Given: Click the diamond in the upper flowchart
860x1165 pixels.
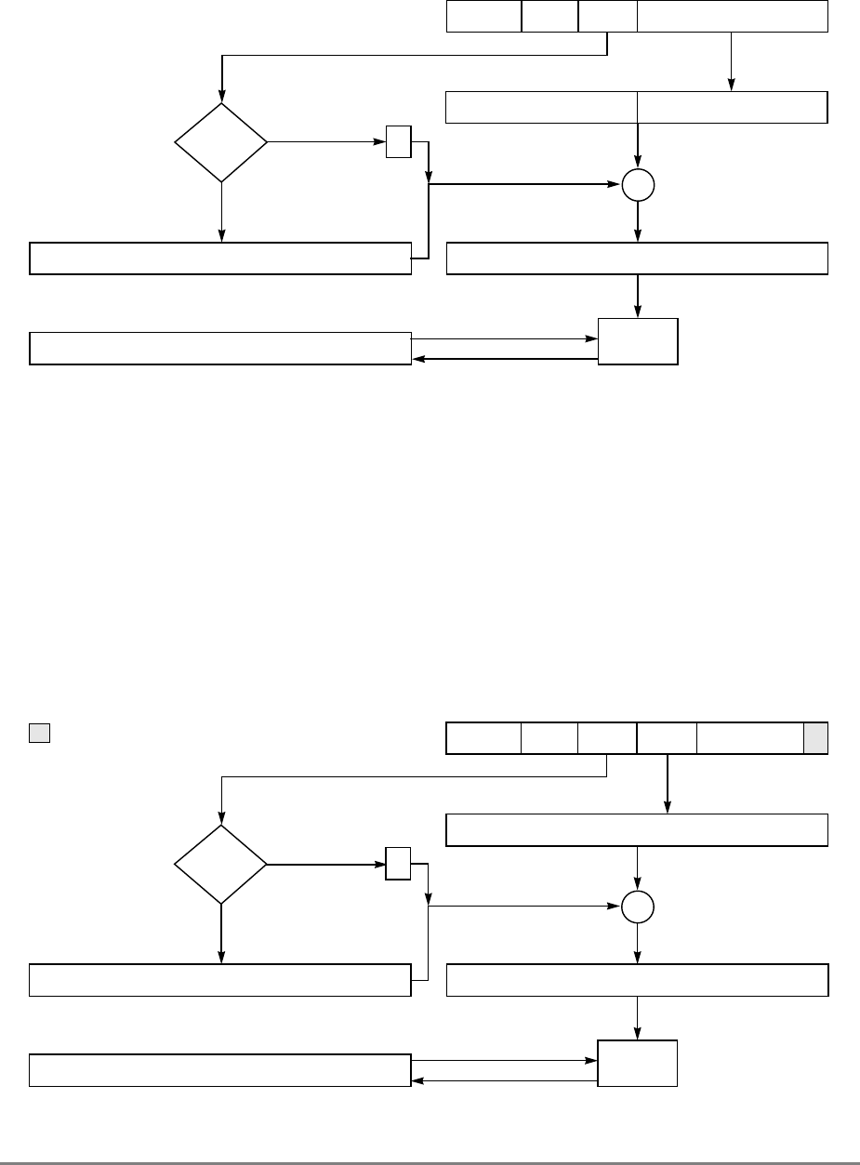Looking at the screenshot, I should click(x=221, y=143).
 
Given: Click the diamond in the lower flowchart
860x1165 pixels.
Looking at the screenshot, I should click(x=221, y=865).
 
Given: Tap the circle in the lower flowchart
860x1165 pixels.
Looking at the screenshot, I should click(x=638, y=907).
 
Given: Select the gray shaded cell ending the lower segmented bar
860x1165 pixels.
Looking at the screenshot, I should click(x=815, y=738).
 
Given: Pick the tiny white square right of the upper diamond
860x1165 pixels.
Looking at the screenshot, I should click(x=398, y=143).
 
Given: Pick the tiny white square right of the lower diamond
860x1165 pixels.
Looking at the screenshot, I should click(x=398, y=864).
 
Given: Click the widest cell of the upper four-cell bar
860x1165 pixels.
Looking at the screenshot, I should click(x=732, y=17).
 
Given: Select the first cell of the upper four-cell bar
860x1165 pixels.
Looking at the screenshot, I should click(x=483, y=17).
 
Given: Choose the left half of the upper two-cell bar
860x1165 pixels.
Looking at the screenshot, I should click(x=542, y=108).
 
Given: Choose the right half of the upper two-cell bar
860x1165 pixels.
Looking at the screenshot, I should click(x=732, y=108).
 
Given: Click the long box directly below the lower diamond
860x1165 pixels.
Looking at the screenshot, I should click(x=220, y=980).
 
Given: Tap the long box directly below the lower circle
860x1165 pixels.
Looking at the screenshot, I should click(x=637, y=980).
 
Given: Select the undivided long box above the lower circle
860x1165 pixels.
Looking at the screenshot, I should click(x=637, y=829).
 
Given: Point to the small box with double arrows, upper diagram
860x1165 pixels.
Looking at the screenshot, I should click(x=638, y=341).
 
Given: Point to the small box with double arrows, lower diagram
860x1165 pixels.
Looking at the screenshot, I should click(x=638, y=1063).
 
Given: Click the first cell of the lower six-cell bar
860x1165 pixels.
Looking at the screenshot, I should click(x=483, y=738).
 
